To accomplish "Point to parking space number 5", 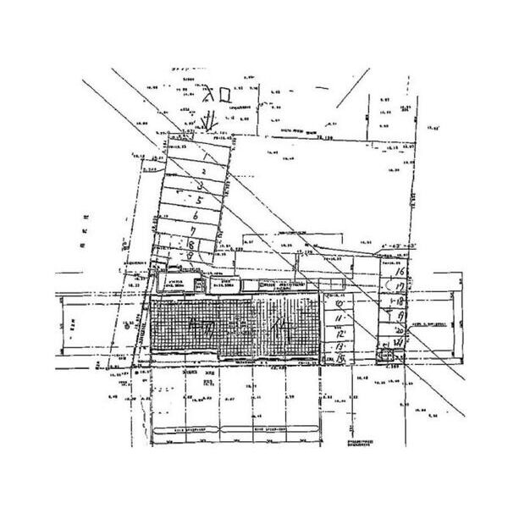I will coord(198,201).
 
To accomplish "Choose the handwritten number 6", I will coord(196,215).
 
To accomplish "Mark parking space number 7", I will coord(193,229).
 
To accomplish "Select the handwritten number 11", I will coord(340,317).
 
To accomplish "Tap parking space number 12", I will coord(340,333).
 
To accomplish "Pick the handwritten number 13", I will coord(340,346).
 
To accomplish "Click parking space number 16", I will coord(398,273).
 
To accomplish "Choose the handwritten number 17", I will coord(398,288).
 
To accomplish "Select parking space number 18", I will coord(398,302).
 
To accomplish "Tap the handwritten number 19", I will coord(398,317).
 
